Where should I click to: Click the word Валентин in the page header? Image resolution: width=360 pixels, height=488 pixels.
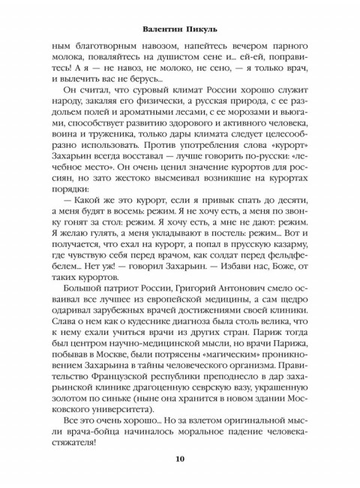(x=162, y=29)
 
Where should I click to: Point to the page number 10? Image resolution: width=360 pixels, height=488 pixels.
(x=180, y=459)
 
